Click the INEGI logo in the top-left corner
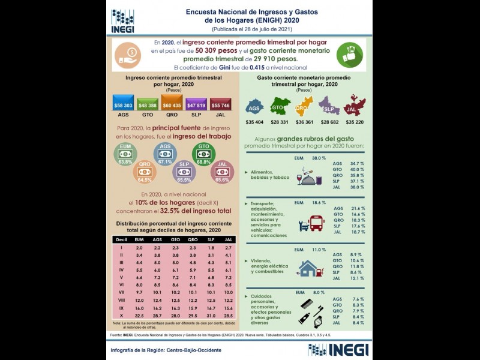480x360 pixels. (x=122, y=21)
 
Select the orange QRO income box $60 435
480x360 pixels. (x=172, y=105)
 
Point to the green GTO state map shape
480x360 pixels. (x=277, y=109)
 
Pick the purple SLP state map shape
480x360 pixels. (x=329, y=109)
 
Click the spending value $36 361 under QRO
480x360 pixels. (x=304, y=123)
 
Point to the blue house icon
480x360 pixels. (x=308, y=267)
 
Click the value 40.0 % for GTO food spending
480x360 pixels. (x=357, y=170)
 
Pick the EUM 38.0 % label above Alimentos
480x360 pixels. (x=310, y=158)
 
